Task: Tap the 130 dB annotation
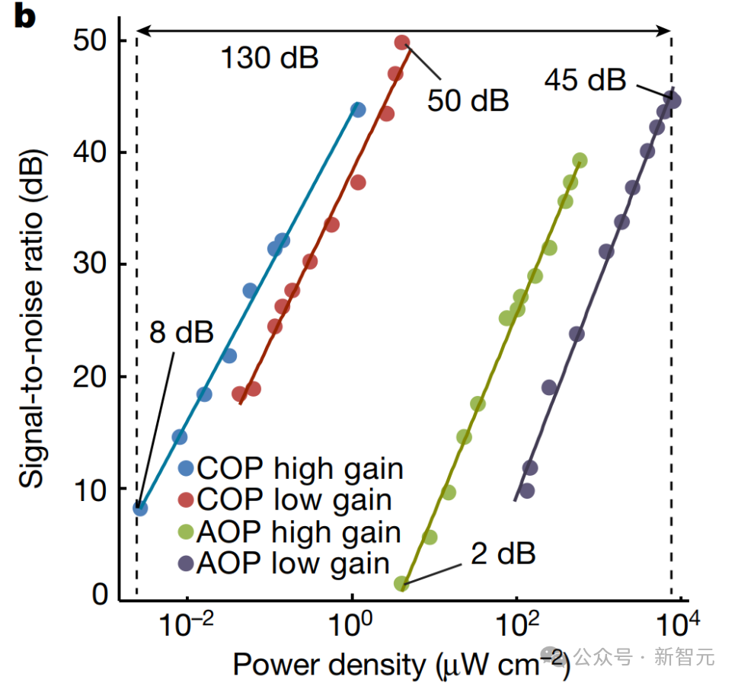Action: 270,57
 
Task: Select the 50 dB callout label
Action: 468,99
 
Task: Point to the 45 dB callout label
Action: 585,79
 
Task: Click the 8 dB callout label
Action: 181,333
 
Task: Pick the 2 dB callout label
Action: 503,554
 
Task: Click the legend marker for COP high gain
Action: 187,467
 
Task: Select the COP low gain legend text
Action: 294,499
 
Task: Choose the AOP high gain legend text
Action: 299,531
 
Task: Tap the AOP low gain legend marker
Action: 187,563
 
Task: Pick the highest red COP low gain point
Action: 402,43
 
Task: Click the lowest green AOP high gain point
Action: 401,584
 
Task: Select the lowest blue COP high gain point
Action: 140,508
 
